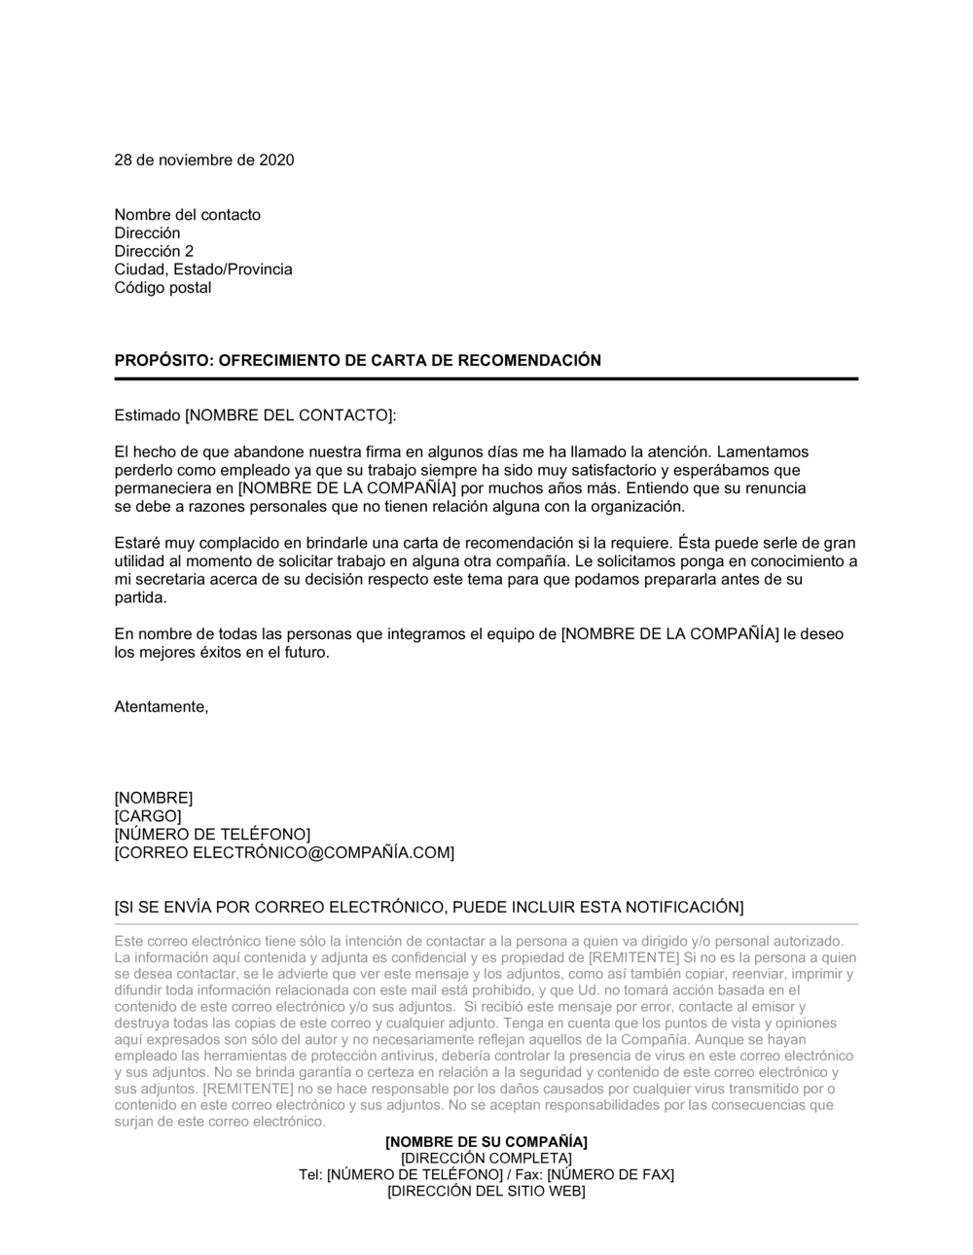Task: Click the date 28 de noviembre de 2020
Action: coord(204,160)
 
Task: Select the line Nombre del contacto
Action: coord(188,215)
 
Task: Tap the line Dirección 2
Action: coord(154,251)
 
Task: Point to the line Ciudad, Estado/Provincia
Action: coord(203,269)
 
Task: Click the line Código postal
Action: coord(162,288)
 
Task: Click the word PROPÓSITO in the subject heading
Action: coord(162,360)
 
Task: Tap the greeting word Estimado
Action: coord(147,415)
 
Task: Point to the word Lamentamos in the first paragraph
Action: coord(763,451)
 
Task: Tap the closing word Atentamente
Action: coord(162,707)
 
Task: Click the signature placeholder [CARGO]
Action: coord(148,816)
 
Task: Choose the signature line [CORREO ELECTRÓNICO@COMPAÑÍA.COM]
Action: coord(284,853)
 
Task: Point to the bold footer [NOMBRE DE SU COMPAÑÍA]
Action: coord(486,1141)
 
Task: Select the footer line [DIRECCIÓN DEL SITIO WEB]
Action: coord(486,1192)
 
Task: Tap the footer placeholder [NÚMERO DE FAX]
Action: coord(610,1174)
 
